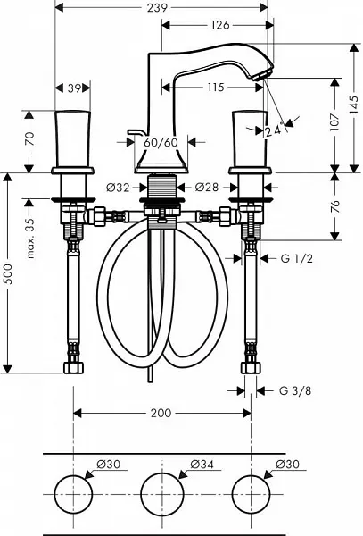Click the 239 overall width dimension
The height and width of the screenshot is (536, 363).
click(x=157, y=8)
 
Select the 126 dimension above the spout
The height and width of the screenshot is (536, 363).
click(x=220, y=25)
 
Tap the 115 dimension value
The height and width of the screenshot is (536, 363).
click(x=216, y=88)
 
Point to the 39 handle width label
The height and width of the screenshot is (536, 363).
click(x=74, y=88)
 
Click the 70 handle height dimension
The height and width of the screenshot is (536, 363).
click(x=30, y=138)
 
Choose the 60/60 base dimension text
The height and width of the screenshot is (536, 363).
click(x=161, y=142)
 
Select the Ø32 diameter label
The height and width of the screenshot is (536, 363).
click(x=118, y=188)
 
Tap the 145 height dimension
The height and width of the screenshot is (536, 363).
click(x=355, y=105)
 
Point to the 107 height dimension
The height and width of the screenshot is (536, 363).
click(x=335, y=121)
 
